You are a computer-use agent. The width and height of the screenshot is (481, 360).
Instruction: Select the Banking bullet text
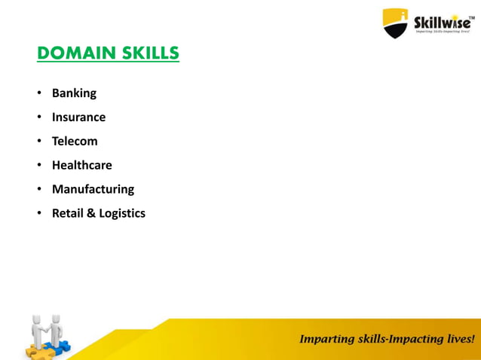click(74, 93)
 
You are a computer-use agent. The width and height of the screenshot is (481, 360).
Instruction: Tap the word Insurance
click(78, 117)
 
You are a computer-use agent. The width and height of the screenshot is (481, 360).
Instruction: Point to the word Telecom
click(75, 141)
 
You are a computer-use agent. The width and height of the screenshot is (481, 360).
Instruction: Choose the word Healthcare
click(81, 165)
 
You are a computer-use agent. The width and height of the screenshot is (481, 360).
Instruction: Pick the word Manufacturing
click(93, 189)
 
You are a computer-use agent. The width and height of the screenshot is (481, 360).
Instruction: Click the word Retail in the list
click(67, 213)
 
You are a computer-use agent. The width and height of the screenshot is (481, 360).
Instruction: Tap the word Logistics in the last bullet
click(122, 214)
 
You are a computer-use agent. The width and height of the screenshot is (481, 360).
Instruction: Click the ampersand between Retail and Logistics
click(91, 213)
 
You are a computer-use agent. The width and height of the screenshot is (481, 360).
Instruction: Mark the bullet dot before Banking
click(38, 94)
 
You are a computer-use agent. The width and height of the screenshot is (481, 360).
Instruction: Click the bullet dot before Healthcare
click(38, 166)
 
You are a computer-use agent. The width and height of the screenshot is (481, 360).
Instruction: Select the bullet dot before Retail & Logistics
click(38, 214)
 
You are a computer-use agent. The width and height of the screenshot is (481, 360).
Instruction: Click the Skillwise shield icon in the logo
click(395, 23)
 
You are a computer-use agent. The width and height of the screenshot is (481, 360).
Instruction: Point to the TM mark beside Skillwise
click(473, 11)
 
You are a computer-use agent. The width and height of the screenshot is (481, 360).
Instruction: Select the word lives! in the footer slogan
click(458, 339)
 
